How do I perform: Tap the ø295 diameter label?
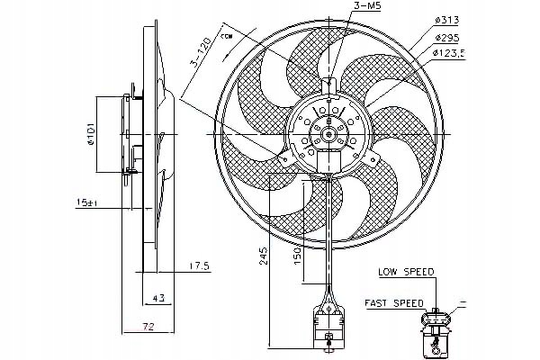tap(448, 39)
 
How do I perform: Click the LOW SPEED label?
tap(407, 271)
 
